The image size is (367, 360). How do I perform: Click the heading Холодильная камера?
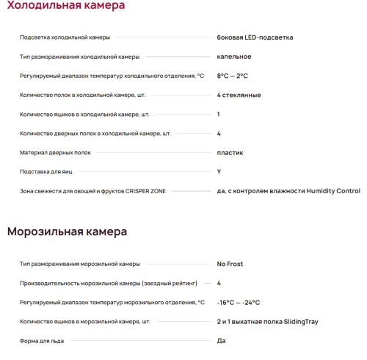point(65,7)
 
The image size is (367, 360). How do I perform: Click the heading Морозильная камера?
point(67,232)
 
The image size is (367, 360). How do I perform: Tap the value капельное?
point(234,56)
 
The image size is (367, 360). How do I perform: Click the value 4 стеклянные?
point(239,95)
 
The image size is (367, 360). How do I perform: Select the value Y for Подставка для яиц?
point(219,172)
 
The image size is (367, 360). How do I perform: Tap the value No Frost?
point(230,264)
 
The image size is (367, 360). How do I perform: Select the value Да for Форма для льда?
point(221,340)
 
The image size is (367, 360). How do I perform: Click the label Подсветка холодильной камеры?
point(65,37)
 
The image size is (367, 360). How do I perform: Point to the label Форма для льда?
point(41,340)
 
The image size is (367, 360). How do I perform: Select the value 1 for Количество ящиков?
point(219,114)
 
